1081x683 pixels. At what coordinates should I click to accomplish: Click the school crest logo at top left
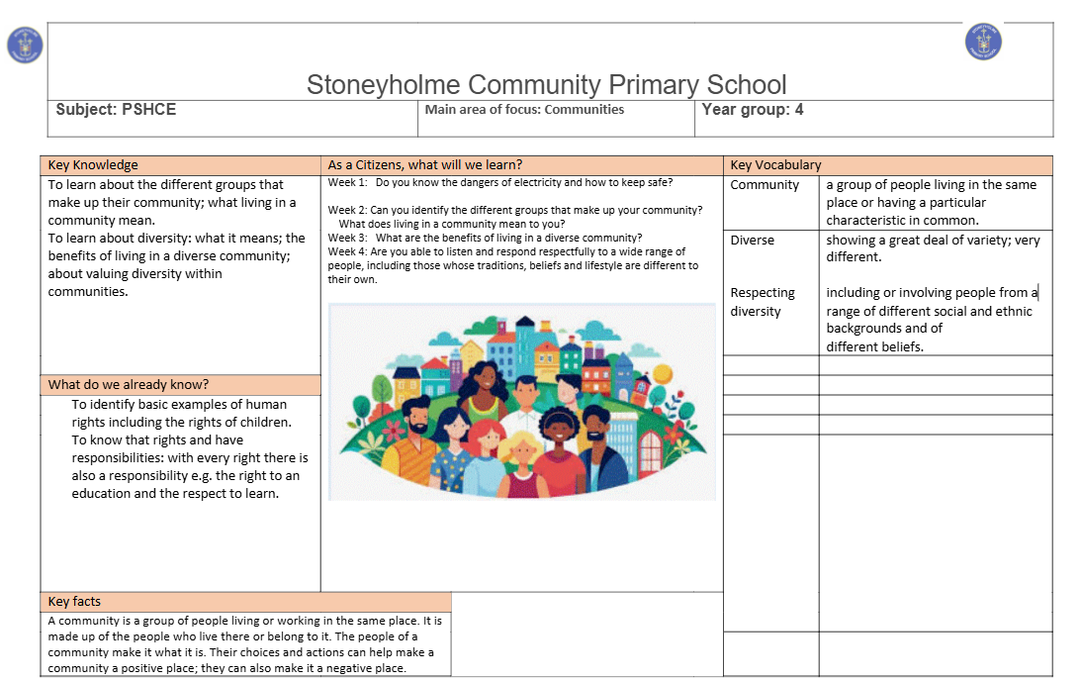(25, 46)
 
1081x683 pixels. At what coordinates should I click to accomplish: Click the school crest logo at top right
(983, 42)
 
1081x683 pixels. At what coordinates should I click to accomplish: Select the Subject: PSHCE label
(116, 110)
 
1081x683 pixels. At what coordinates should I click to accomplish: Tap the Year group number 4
(799, 110)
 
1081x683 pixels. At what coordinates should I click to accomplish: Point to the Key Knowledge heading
(93, 165)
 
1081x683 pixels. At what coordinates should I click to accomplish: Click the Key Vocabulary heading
(775, 165)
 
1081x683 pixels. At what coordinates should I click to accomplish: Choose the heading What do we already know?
(129, 384)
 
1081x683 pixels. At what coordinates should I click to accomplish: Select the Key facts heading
(74, 601)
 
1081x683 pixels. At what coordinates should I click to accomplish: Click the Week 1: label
(348, 182)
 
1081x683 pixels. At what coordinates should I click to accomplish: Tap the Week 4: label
(348, 251)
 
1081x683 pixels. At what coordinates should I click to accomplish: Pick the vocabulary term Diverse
(753, 240)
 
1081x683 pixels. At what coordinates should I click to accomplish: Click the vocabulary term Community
(765, 185)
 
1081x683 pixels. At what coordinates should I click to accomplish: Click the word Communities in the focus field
(585, 110)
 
